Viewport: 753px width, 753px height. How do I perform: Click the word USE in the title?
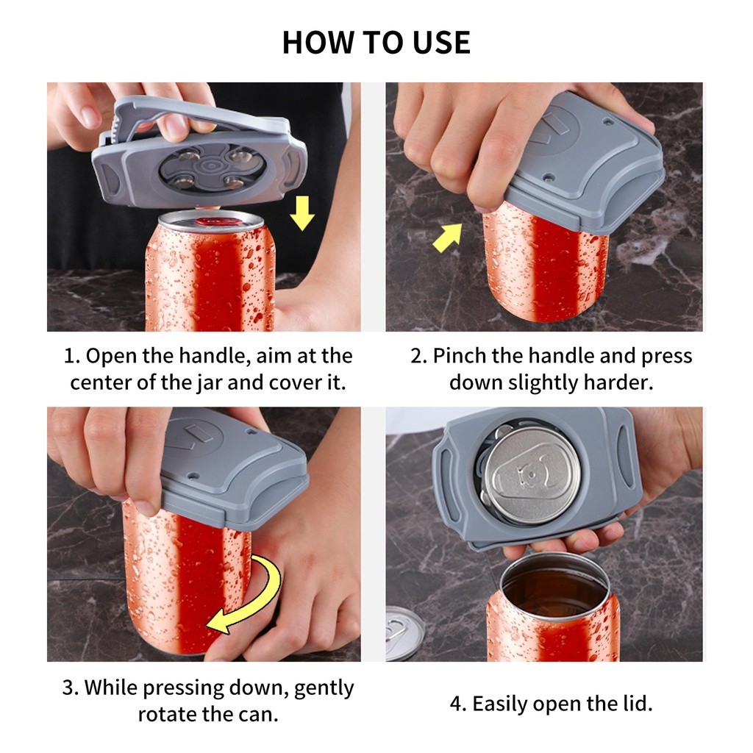[x=442, y=42]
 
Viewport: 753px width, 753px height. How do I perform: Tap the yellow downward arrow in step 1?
[x=302, y=213]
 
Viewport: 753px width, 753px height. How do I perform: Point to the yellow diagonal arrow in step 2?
[x=448, y=238]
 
